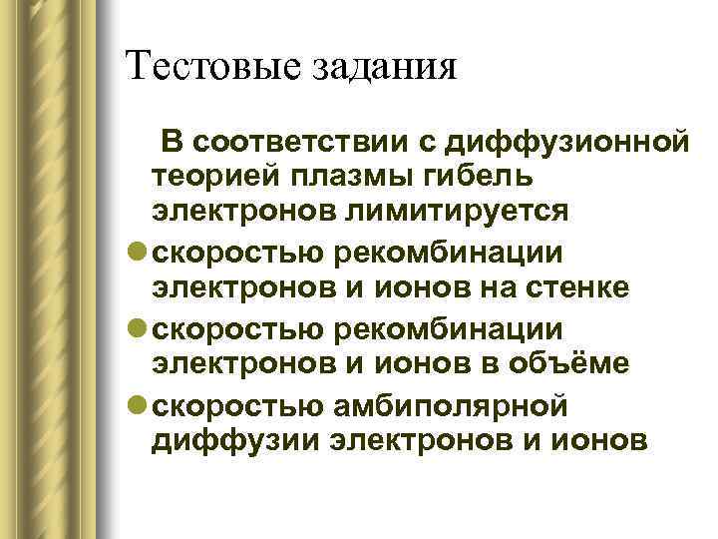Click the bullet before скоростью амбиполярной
137,405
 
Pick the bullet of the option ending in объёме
137,328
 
